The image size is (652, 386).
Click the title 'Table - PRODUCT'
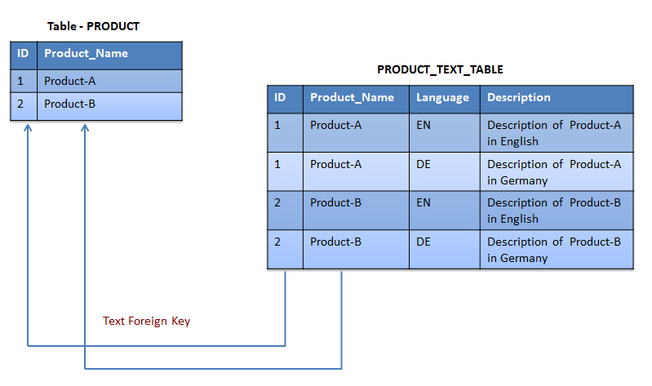(93, 26)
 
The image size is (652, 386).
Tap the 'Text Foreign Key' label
(146, 321)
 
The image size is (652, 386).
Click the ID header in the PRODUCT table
(23, 54)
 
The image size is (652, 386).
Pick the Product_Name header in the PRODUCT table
(86, 54)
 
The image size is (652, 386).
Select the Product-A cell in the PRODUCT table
(70, 81)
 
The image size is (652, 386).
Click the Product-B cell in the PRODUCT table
(70, 104)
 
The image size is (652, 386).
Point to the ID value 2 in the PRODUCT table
(21, 104)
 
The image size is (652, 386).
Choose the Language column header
(442, 97)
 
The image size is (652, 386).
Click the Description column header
(518, 97)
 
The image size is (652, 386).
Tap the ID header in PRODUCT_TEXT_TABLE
(280, 97)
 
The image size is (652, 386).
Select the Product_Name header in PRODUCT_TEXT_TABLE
(352, 97)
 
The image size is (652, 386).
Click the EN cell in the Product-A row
(424, 126)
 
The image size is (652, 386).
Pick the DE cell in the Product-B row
(424, 242)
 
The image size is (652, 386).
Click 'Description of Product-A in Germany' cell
(554, 172)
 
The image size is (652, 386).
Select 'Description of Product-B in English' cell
(554, 211)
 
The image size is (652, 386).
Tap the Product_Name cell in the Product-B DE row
(335, 242)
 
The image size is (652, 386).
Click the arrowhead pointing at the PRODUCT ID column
(28, 128)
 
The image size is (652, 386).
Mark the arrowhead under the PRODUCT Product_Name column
(84, 128)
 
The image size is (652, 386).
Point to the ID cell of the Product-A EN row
(277, 126)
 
